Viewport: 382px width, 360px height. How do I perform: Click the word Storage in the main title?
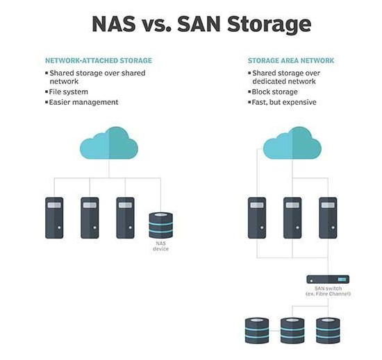click(x=269, y=24)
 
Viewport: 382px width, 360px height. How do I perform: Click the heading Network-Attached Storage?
click(x=99, y=60)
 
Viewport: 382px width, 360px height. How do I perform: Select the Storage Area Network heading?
click(x=291, y=60)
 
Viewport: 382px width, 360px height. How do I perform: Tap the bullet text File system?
click(x=69, y=92)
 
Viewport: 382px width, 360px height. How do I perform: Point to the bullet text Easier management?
click(x=83, y=102)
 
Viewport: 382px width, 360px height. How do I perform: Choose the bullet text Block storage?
click(x=274, y=92)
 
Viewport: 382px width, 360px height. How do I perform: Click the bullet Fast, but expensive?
click(x=284, y=102)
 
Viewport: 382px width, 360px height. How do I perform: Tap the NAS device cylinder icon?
click(x=161, y=225)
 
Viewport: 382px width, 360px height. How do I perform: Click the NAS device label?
click(x=161, y=246)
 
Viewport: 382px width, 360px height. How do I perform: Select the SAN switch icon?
click(x=328, y=280)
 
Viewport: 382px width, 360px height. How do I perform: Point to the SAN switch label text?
click(x=328, y=291)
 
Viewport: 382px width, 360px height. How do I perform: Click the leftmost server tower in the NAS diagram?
click(x=54, y=218)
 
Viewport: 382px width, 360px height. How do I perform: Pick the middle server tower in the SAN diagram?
click(x=292, y=218)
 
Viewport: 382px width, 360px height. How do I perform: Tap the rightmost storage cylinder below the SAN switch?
click(x=328, y=331)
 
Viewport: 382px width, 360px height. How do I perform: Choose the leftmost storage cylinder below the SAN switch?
click(x=257, y=331)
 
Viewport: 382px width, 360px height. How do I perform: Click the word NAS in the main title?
click(x=114, y=24)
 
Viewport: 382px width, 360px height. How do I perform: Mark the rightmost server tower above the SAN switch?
click(x=328, y=218)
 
